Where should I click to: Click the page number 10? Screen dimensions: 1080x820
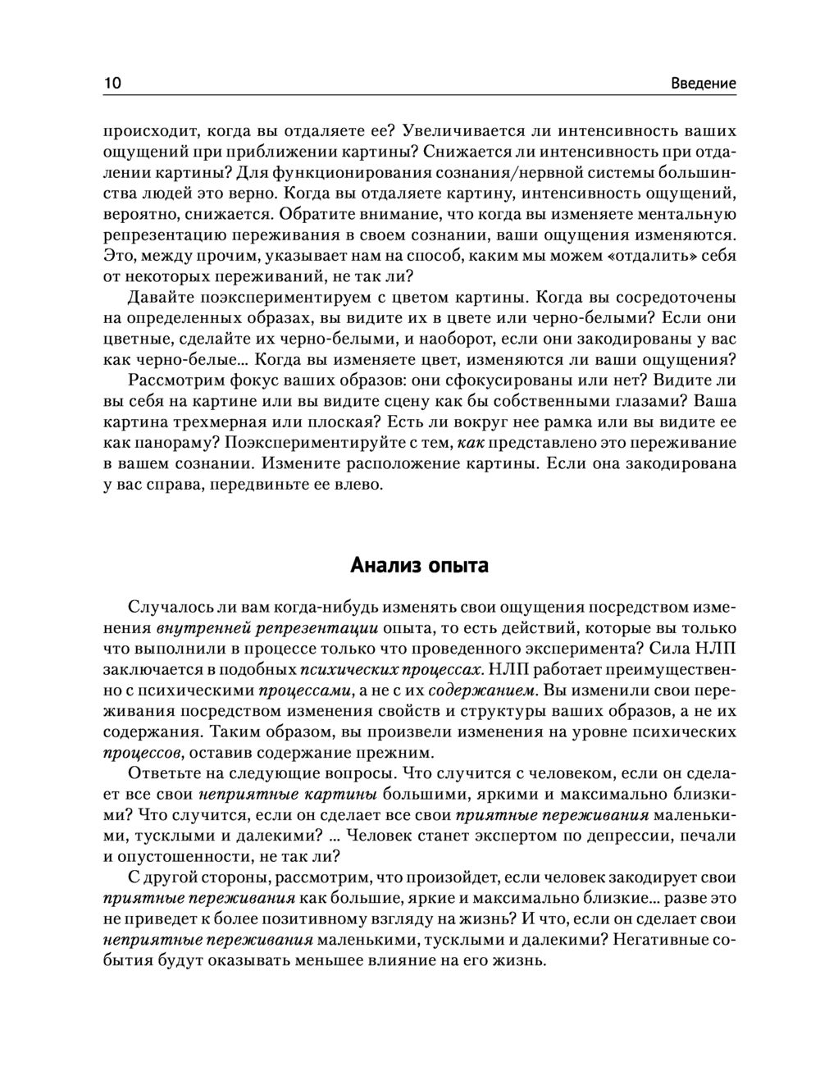pos(112,83)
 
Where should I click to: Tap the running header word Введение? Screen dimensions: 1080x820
pos(703,83)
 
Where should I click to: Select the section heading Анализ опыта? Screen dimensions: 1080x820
pos(419,565)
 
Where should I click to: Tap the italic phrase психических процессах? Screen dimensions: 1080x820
pos(390,670)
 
